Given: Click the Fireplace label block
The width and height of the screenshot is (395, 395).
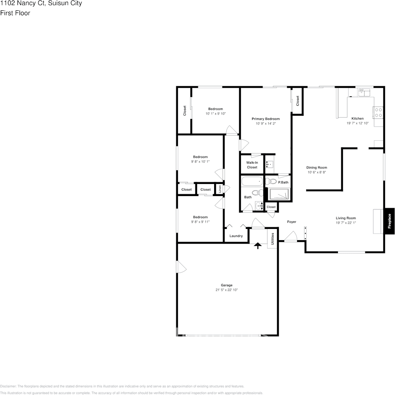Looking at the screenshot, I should click(x=389, y=221).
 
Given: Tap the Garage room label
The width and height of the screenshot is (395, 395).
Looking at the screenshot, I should click(x=227, y=285).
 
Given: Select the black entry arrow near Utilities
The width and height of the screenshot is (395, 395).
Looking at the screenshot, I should click(x=258, y=246).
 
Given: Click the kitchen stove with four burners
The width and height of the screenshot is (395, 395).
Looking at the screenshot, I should click(x=378, y=112).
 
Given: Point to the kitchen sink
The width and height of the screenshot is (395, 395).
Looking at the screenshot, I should click(x=365, y=92).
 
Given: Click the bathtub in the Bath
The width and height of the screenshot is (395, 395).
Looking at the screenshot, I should click(x=252, y=181).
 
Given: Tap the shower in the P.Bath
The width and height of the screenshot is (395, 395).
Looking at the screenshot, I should click(x=279, y=194).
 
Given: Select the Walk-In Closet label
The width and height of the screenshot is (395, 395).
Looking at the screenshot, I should click(x=252, y=165).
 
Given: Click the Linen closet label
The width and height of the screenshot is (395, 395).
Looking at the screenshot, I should click(x=220, y=189).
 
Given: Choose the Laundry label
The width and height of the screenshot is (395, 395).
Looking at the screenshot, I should click(x=236, y=236).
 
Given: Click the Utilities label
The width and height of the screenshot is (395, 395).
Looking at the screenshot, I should click(x=272, y=240).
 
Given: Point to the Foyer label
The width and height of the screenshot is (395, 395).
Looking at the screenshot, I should click(x=292, y=222).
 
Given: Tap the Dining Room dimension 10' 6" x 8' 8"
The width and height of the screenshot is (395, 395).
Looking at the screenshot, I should click(x=317, y=172).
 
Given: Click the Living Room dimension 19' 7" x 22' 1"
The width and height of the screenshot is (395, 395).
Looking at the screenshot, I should click(x=346, y=223).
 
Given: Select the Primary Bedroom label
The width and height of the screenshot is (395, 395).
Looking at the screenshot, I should click(x=265, y=119).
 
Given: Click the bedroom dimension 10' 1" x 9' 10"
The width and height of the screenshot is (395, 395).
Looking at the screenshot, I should click(x=215, y=114).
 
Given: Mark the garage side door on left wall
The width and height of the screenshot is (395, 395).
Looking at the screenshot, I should click(x=180, y=267).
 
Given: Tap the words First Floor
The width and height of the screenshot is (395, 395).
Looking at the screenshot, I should click(x=15, y=13).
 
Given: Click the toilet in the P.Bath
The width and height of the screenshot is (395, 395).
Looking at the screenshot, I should click(x=271, y=181).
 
